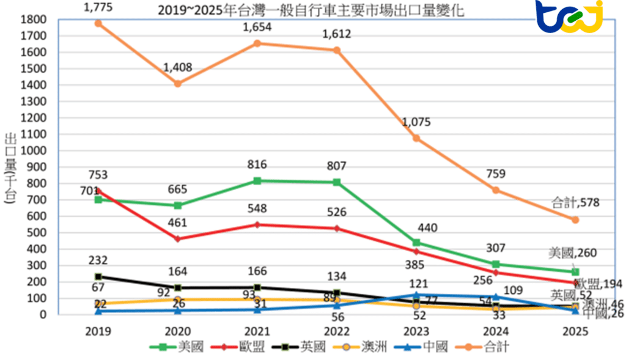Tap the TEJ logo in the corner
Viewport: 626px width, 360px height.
[569, 17]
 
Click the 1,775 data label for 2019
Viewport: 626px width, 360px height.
[98, 7]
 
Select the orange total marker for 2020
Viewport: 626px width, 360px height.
[177, 83]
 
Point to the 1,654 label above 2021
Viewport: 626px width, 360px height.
[257, 28]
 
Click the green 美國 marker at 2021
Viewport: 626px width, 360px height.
[257, 181]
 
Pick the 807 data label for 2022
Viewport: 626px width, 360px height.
[337, 165]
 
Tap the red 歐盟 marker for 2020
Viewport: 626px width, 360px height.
[177, 239]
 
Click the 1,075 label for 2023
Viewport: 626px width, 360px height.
[416, 122]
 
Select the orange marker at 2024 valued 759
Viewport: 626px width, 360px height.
[496, 190]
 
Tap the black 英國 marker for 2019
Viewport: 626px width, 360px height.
[98, 277]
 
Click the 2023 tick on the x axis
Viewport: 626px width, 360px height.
[416, 332]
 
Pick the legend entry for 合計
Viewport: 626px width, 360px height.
[485, 347]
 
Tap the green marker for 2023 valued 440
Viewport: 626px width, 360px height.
[416, 243]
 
